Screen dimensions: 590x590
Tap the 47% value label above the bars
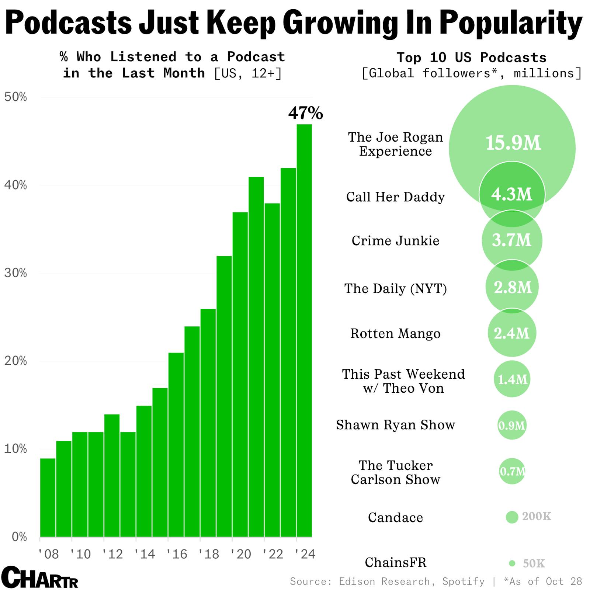305,113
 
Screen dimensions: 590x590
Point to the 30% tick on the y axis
15,273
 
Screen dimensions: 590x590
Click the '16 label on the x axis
177,554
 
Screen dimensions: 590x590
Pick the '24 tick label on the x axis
305,554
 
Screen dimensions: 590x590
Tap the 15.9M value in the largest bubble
513,143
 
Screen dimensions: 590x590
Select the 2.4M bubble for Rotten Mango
512,333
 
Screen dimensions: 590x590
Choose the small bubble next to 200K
512,517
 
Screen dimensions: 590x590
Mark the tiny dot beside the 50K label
512,563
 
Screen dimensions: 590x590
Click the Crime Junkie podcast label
395,241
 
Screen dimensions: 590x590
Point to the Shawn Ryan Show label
395,425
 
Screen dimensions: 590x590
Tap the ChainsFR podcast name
395,563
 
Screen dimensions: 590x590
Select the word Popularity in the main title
511,23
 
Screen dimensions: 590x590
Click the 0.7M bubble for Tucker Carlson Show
512,471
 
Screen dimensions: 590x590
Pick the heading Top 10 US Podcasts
471,58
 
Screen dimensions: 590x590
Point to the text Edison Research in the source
384,582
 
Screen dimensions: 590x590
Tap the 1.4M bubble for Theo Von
512,379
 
